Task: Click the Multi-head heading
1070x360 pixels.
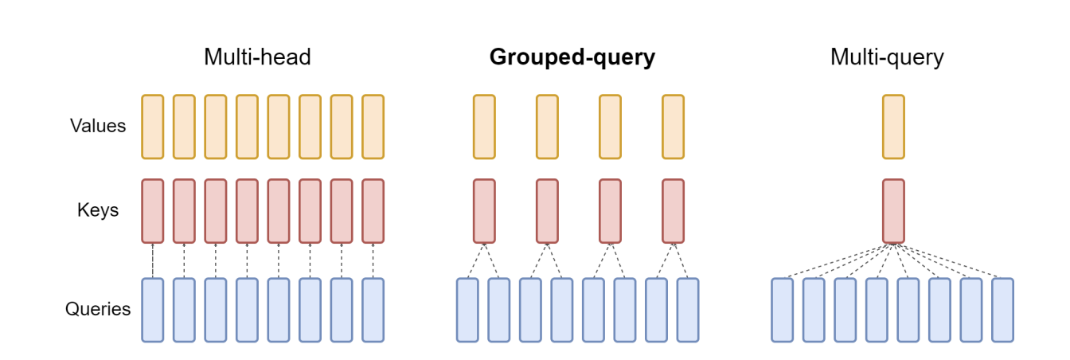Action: [x=257, y=57]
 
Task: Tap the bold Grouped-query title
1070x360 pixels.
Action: [x=572, y=57]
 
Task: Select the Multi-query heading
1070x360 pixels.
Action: [x=887, y=57]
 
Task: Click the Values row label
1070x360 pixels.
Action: [x=98, y=126]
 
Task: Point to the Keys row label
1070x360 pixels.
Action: [x=98, y=210]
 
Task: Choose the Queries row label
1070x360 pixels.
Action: [x=98, y=309]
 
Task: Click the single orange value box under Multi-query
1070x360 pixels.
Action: [x=893, y=127]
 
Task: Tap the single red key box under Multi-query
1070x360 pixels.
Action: [x=893, y=211]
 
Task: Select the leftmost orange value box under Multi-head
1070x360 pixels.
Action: [x=153, y=127]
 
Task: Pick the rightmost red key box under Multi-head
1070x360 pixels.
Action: [x=373, y=211]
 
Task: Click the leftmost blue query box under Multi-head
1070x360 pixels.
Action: [x=153, y=310]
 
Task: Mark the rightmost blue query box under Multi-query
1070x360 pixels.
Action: [x=1002, y=310]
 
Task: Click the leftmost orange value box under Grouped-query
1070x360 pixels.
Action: [x=484, y=127]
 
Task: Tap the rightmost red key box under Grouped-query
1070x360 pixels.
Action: [x=673, y=211]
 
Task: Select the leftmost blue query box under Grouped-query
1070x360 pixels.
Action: [x=468, y=310]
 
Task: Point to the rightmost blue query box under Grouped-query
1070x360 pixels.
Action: [x=688, y=310]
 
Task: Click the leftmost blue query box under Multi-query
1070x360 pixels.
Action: [x=783, y=310]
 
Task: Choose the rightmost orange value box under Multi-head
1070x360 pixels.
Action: [x=373, y=127]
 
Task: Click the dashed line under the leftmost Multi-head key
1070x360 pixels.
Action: [x=153, y=260]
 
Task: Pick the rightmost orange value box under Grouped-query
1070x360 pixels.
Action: [x=673, y=127]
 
